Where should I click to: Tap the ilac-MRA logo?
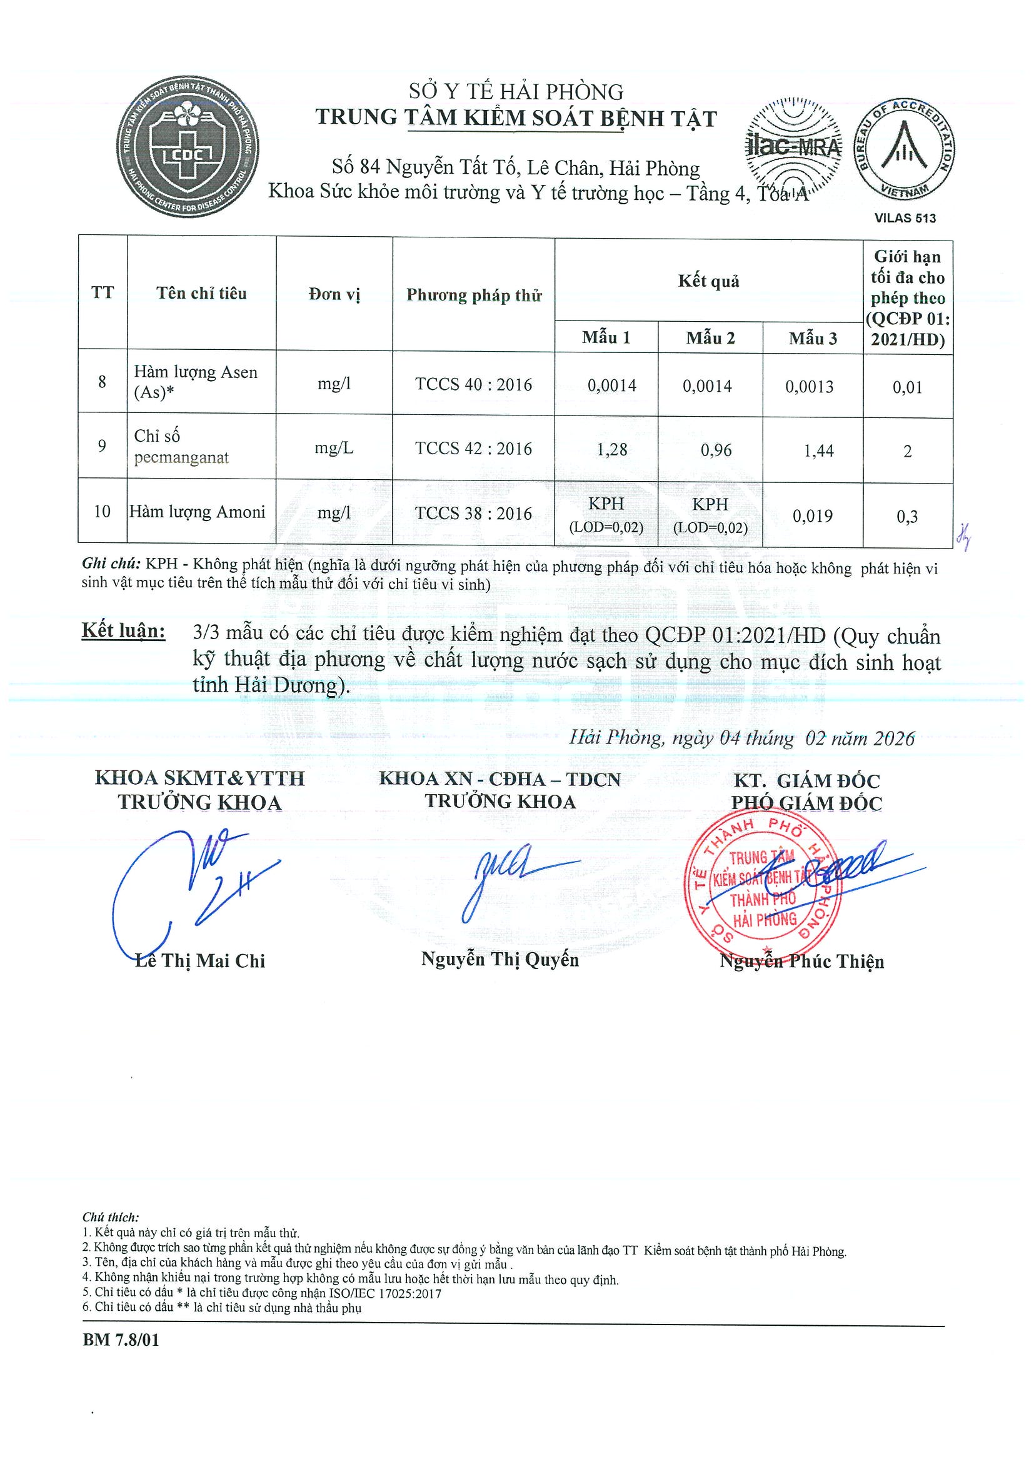[x=793, y=146]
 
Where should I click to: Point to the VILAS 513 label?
[x=905, y=219]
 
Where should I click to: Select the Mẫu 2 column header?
[x=710, y=338]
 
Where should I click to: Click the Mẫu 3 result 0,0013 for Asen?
[x=809, y=387]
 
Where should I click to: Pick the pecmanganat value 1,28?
[x=611, y=450]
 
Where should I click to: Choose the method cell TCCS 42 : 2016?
[x=473, y=449]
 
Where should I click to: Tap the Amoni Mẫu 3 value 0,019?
[x=812, y=516]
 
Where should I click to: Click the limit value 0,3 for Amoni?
[x=907, y=517]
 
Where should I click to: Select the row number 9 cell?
[x=102, y=445]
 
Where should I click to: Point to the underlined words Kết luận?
[x=124, y=630]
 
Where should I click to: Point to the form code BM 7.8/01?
[x=121, y=1340]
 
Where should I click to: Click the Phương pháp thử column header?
[x=473, y=295]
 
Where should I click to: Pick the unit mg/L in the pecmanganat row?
[x=334, y=448]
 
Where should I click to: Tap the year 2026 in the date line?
[x=894, y=738]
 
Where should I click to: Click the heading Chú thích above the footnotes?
[x=110, y=1217]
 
